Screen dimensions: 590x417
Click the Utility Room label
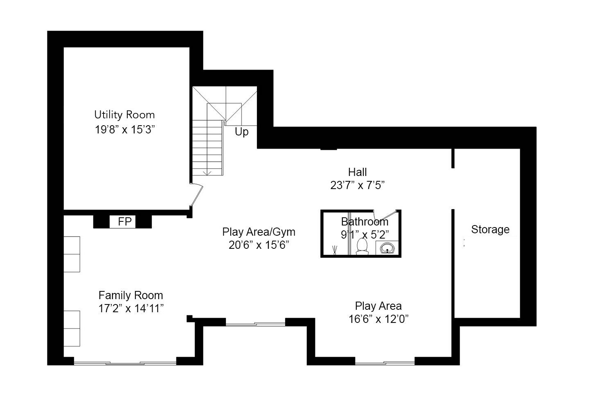[124, 115]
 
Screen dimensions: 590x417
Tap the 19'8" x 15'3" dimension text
[124, 130]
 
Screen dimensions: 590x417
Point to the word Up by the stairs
[241, 132]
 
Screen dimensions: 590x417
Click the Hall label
[358, 172]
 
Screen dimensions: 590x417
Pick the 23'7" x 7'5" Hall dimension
[358, 185]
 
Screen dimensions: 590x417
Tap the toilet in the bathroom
[362, 246]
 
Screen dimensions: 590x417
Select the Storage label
[490, 230]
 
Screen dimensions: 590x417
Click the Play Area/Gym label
[259, 232]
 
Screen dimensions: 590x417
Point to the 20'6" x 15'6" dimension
[259, 245]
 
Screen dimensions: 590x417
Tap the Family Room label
[131, 295]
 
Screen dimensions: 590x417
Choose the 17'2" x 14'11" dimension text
[131, 308]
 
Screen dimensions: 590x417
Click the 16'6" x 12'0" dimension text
[378, 319]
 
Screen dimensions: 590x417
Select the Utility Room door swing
[196, 194]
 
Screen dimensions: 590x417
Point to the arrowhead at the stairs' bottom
[207, 173]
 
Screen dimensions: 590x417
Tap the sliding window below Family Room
[125, 363]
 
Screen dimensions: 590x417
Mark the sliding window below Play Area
[385, 363]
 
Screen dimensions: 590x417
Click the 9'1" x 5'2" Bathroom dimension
[365, 234]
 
